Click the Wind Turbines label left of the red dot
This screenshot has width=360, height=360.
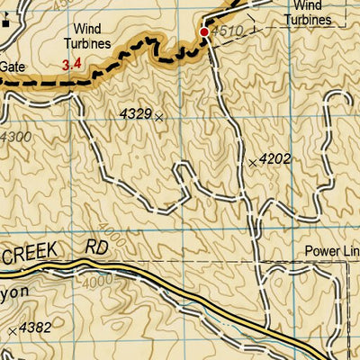pos(87,35)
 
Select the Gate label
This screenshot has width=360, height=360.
pos(13,66)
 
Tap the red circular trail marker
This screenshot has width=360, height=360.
pos(204,32)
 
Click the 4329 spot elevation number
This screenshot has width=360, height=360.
pos(134,114)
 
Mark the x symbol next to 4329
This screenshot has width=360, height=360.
pos(159,117)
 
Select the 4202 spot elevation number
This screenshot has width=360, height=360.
pos(274,159)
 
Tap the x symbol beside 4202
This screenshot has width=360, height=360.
pos(252,162)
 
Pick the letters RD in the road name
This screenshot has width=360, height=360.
pos(95,244)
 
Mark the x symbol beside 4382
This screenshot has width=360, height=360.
pos(12,332)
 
